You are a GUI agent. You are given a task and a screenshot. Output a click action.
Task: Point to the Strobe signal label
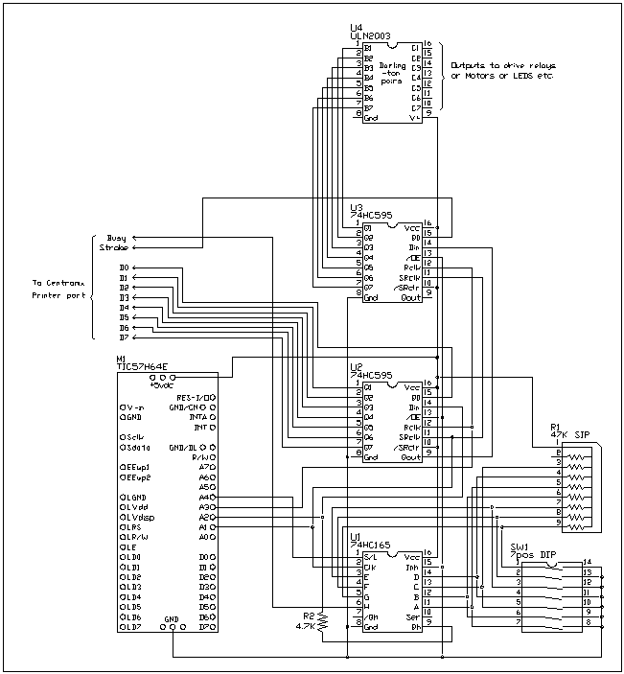pos(114,247)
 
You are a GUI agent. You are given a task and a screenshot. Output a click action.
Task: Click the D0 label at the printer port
pos(124,267)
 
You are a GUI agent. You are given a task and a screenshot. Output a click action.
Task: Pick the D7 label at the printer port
pos(124,337)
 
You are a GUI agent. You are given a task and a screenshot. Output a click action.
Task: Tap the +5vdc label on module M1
pos(161,386)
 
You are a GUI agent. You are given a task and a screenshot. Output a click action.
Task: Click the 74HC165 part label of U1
pos(368,546)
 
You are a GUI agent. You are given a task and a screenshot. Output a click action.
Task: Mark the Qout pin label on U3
pos(410,297)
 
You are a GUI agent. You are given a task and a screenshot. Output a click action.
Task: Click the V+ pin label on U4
pos(414,118)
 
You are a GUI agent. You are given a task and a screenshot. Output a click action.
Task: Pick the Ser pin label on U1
pos(412,616)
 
